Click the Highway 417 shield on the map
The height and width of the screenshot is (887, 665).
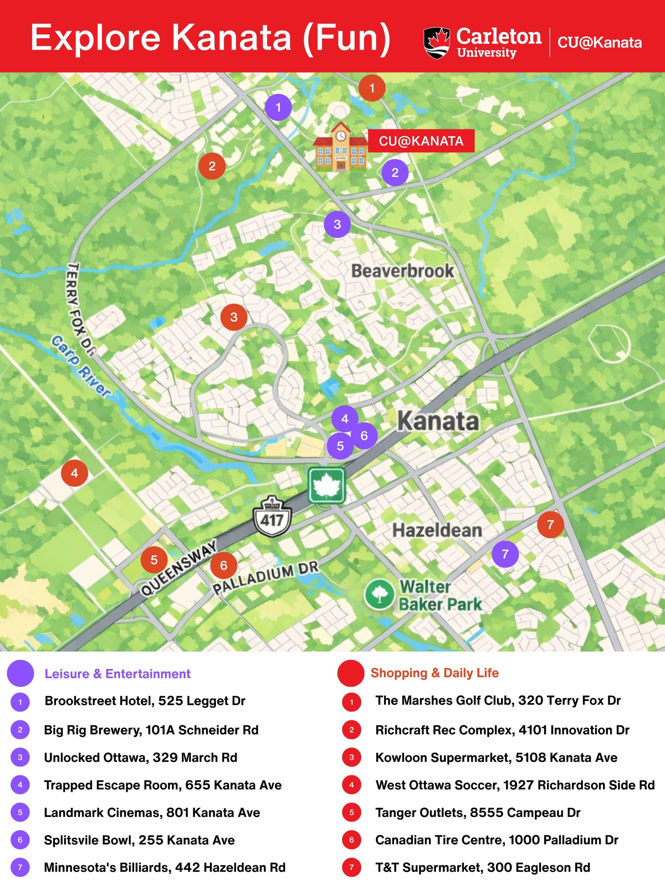coord(272,517)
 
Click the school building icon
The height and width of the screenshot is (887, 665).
coord(340,148)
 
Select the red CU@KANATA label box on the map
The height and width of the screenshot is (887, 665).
coord(421,141)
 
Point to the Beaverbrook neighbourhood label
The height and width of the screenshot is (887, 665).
coord(402,271)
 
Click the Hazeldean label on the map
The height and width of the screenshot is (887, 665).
coord(437,530)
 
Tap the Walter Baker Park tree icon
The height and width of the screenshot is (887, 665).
coord(379,594)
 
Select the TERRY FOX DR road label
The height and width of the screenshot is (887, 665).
coord(79,309)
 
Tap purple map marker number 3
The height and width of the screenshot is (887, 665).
coord(337,224)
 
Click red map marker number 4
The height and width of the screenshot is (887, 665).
coord(74,473)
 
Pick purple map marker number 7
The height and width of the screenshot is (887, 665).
coord(505,554)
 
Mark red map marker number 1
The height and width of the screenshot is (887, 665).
coord(372,88)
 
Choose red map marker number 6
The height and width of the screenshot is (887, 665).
coord(224,565)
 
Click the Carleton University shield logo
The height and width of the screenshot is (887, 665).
coord(436,43)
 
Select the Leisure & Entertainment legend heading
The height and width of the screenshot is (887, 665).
coord(117,674)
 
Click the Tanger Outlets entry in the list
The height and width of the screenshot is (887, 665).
coord(478,813)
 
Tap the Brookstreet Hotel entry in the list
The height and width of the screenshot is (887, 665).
coord(145,701)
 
